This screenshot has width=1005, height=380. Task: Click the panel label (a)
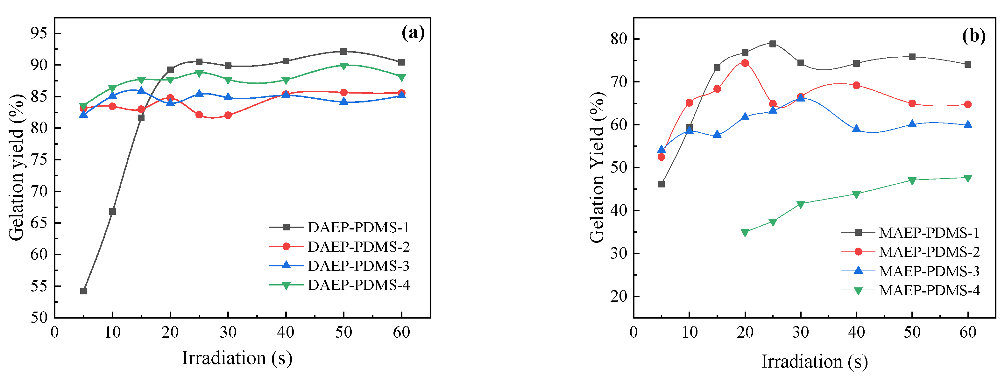[x=413, y=33]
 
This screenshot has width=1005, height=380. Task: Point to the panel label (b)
[x=974, y=36]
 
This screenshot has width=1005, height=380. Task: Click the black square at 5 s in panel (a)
[x=83, y=291]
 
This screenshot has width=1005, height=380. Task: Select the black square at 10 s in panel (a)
[x=112, y=211]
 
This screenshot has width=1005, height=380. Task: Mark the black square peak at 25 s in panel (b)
[x=773, y=44]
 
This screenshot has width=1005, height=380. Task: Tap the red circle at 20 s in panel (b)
[x=745, y=63]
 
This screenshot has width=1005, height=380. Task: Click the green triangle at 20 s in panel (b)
[x=745, y=233]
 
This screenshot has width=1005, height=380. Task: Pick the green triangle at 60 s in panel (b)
[x=967, y=178]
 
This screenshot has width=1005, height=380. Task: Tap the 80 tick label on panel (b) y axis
[x=618, y=39]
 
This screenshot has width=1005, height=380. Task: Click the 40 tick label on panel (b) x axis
[x=856, y=332]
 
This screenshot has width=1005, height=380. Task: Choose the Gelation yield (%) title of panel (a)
[x=16, y=168]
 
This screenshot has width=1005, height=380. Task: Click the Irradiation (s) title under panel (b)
[x=815, y=361]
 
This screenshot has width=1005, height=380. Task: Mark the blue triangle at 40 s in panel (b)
[x=856, y=129]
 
